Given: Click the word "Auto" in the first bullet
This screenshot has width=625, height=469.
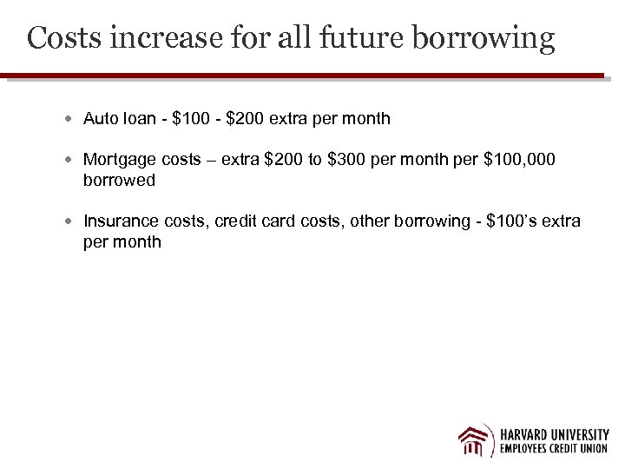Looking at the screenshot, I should click(100, 118).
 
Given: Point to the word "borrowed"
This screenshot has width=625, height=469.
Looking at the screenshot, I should click(119, 181).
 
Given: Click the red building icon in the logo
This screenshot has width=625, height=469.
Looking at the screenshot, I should click(476, 440).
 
